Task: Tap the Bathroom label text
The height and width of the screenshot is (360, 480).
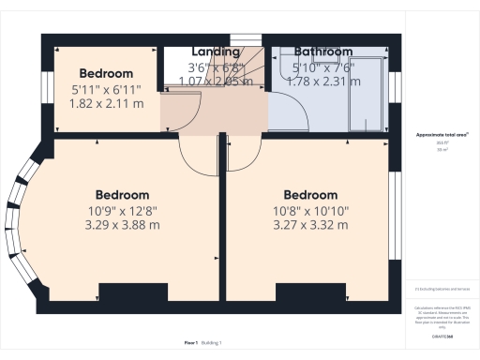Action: point(323,52)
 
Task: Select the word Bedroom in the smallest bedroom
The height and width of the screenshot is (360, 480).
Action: point(106,73)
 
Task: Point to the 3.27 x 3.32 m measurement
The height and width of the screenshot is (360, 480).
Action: point(309,225)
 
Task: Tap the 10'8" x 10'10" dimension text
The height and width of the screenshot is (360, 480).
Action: point(309,211)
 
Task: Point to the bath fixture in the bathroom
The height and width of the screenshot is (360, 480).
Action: point(366,91)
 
